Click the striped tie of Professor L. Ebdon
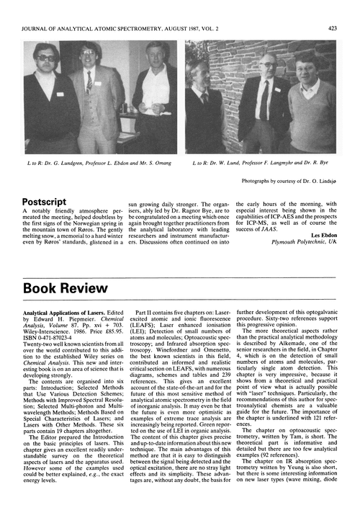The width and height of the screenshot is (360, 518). pyautogui.click(x=89, y=81)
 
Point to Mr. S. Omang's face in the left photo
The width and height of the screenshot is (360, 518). pyautogui.click(x=156, y=55)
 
